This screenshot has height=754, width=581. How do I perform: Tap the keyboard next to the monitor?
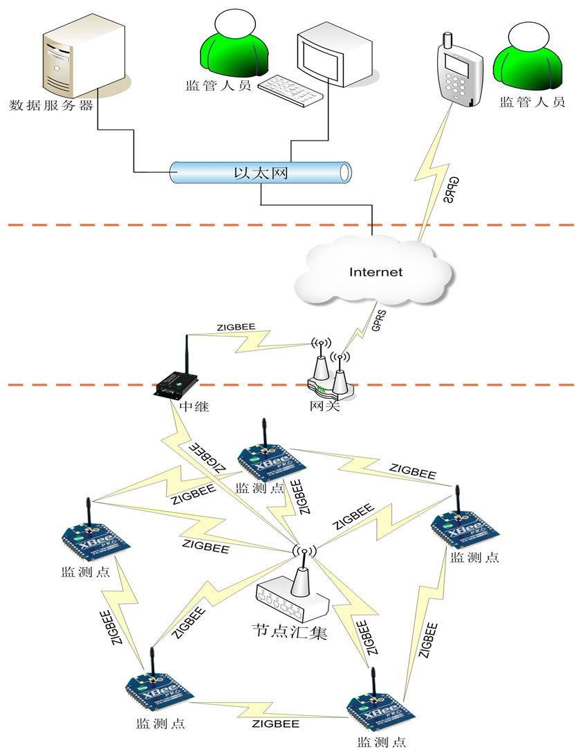(291, 89)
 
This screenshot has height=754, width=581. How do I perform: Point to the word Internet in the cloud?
(376, 272)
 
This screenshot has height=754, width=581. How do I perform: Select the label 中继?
(194, 407)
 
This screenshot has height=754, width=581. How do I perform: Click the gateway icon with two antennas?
(331, 377)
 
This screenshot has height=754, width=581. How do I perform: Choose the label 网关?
(325, 406)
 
